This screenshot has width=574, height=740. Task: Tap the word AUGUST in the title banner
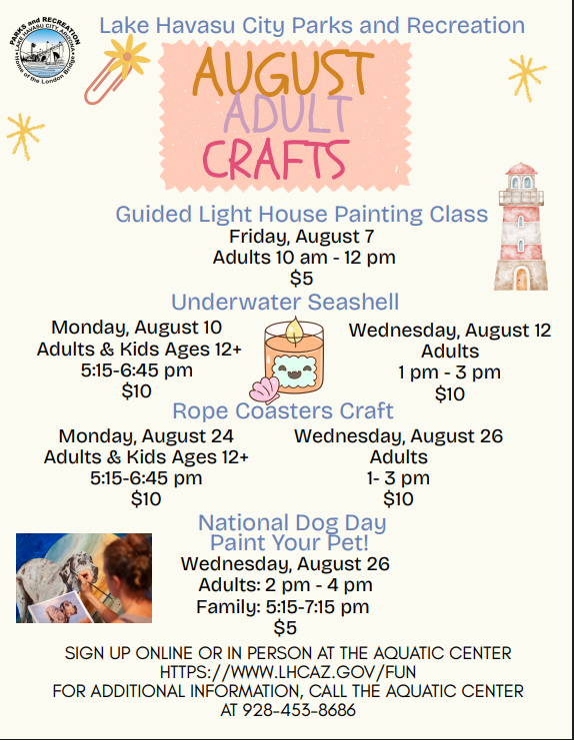(283, 74)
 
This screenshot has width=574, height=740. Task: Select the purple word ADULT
(287, 114)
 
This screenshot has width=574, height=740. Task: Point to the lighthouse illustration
(521, 227)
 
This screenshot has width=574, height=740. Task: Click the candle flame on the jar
(294, 330)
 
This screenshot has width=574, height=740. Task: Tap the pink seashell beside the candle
(265, 389)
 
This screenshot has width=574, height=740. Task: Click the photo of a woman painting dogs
(84, 578)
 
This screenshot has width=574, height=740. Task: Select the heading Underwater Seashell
(285, 302)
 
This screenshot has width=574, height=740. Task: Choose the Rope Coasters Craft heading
(283, 410)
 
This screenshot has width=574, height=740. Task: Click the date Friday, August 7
(302, 237)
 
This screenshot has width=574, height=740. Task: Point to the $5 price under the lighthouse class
(301, 278)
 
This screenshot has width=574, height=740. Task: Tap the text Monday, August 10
(137, 328)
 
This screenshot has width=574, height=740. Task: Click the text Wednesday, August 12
(450, 331)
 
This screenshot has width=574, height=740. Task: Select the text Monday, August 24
(146, 436)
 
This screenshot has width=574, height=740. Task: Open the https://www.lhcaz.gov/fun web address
(288, 672)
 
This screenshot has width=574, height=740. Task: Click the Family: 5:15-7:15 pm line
(283, 607)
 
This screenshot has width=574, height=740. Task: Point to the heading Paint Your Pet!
(289, 542)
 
